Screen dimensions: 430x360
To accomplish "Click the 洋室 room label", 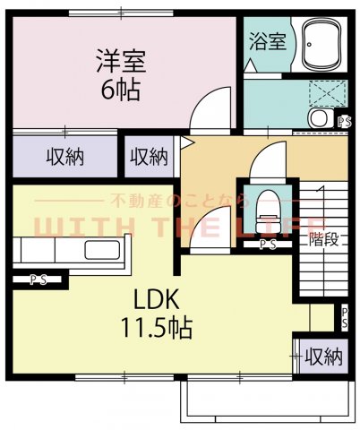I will click(x=122, y=64).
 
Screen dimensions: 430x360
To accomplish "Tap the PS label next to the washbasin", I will click(x=344, y=123).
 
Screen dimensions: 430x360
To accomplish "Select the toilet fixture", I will click(x=266, y=211).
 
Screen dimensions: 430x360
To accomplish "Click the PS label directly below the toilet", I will click(x=267, y=244).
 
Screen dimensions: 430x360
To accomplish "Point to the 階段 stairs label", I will click(x=323, y=238).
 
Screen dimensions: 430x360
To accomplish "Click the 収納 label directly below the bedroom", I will click(x=64, y=157).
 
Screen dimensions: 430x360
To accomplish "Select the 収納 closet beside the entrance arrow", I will click(x=148, y=157).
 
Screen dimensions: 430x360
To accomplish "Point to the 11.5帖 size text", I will click(x=157, y=328).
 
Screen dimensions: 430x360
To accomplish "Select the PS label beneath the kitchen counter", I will click(x=38, y=279).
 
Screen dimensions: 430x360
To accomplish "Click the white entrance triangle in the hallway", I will click(x=186, y=142).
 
